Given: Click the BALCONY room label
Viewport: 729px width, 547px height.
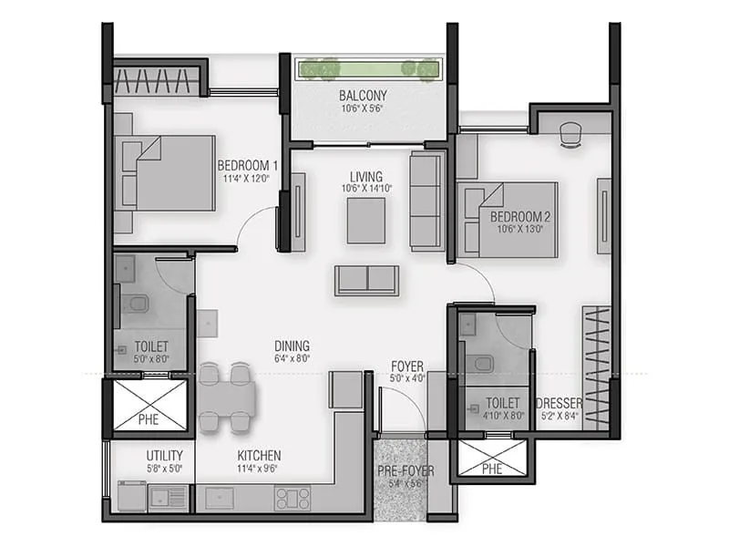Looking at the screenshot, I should [364, 96].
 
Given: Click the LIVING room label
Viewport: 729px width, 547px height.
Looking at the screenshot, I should [365, 176].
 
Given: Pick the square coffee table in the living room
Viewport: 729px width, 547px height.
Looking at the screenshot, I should [366, 220].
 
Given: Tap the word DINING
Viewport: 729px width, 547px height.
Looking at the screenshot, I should [293, 346].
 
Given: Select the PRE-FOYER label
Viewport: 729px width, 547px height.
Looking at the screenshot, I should [406, 471].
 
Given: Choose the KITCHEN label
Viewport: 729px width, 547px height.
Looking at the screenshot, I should [260, 456].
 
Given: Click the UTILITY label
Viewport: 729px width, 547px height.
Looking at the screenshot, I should [165, 456].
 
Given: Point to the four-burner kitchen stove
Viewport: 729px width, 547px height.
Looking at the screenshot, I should [293, 498].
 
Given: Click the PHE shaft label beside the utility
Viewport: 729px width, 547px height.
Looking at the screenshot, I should [148, 420].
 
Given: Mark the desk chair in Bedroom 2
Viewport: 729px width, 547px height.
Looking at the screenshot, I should [571, 133].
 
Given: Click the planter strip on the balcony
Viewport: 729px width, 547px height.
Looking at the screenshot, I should [368, 68].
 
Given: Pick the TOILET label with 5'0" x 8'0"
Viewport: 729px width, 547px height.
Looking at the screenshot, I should [150, 347].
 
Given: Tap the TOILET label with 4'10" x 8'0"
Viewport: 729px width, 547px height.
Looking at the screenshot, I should [502, 402].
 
